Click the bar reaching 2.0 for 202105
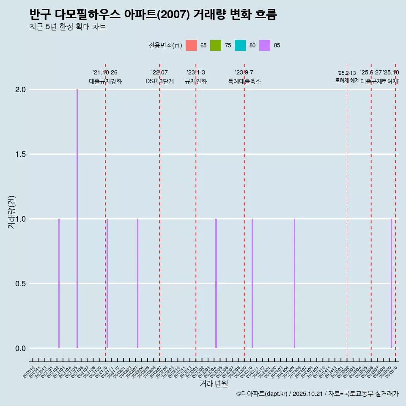(x=77, y=219)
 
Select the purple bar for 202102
(x=59, y=283)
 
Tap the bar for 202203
(x=137, y=283)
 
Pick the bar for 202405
(x=294, y=283)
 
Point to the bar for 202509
(x=391, y=283)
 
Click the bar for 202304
(x=216, y=283)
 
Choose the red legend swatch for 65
(x=192, y=45)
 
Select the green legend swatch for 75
(x=216, y=45)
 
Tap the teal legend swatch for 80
(x=240, y=45)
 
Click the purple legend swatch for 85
(x=265, y=45)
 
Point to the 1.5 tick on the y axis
(x=20, y=154)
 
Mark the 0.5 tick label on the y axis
(x=20, y=284)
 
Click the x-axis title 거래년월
(x=214, y=384)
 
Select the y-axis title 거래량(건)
(x=12, y=212)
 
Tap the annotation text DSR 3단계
(x=159, y=82)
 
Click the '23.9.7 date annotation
(x=244, y=72)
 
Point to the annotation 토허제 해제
(x=347, y=80)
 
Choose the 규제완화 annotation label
(x=196, y=82)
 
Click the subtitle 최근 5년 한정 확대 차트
(x=68, y=27)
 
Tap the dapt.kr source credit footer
(x=317, y=394)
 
